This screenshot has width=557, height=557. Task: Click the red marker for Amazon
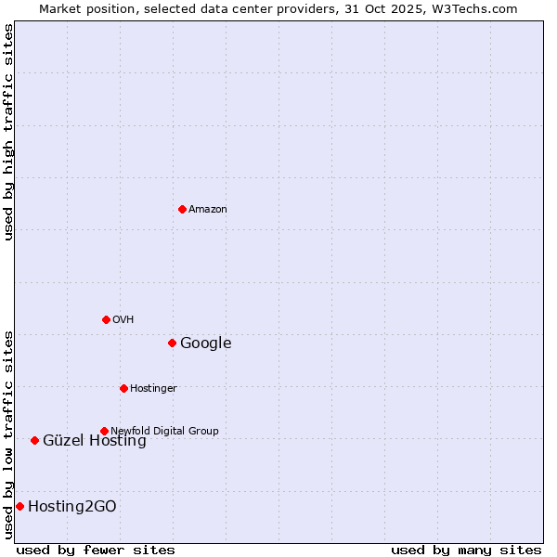tap(182, 209)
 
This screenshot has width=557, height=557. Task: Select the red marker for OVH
tap(106, 319)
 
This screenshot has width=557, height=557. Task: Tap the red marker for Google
tap(172, 343)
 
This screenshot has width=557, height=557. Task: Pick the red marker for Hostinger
tap(123, 388)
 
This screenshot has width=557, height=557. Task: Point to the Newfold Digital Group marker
tap(104, 431)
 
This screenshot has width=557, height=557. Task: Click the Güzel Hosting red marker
tap(34, 440)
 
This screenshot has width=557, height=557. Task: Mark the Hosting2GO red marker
tap(19, 506)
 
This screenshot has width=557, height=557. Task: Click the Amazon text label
tap(208, 210)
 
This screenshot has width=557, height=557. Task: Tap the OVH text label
tap(123, 320)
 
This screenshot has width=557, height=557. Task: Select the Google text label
tap(206, 343)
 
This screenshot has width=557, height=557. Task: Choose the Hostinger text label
tap(154, 389)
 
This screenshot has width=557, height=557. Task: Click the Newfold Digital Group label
tap(165, 432)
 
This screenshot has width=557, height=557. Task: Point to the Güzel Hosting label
tap(95, 441)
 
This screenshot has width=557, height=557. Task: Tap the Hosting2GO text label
tap(72, 507)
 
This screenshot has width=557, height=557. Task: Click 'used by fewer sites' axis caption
tap(96, 550)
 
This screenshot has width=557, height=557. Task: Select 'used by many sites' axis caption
tap(466, 550)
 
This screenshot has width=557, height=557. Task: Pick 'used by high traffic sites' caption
tap(8, 132)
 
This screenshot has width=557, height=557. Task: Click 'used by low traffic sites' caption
tap(8, 434)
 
